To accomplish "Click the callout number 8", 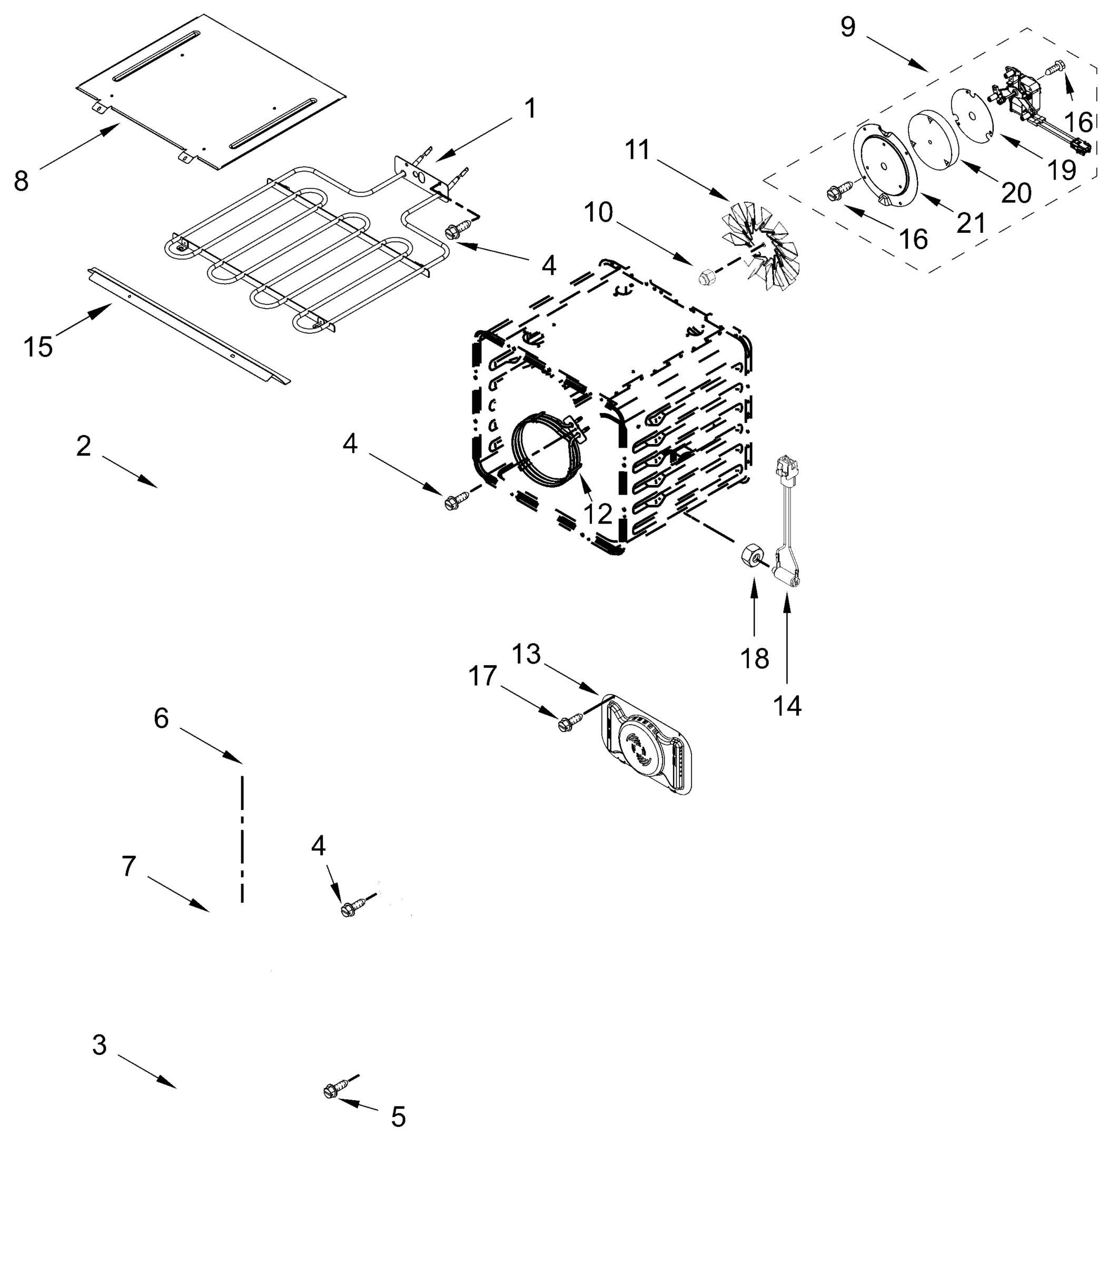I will [x=21, y=182].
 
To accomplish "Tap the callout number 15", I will [x=38, y=347].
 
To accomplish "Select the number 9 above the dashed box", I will [x=848, y=27].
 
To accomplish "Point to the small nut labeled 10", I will [x=706, y=276].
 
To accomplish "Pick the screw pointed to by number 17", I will [x=566, y=724].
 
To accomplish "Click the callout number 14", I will [x=787, y=706].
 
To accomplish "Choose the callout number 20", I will [x=1016, y=194].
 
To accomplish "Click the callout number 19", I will [x=1062, y=170].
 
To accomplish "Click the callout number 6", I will [x=161, y=718].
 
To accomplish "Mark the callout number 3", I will [x=100, y=1045].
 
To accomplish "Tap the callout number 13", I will [x=526, y=654].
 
